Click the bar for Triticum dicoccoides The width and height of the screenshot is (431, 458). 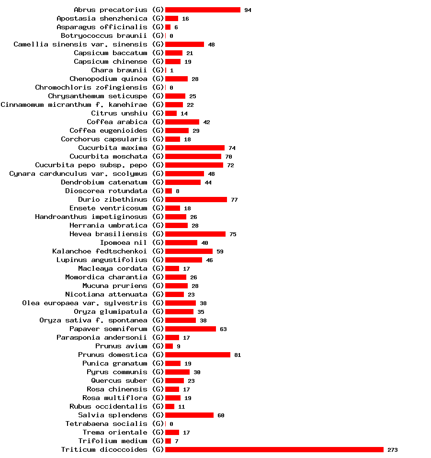[x=274, y=449]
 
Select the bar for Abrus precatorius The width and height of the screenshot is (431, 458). [x=203, y=10]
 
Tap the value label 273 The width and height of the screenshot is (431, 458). [x=393, y=450]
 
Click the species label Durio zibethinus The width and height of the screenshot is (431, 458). [x=113, y=199]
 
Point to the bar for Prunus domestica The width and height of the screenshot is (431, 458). [x=197, y=355]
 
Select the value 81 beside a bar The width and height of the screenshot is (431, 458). [x=238, y=355]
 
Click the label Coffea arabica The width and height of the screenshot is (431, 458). [x=117, y=122]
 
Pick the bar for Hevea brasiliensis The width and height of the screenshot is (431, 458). [x=195, y=234]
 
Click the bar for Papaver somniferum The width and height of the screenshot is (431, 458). [x=190, y=329]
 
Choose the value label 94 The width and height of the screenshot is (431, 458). [x=248, y=10]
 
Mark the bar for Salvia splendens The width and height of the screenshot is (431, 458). [x=189, y=415]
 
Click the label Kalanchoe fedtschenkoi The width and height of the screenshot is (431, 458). [x=100, y=251]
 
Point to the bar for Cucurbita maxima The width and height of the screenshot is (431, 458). [x=194, y=148]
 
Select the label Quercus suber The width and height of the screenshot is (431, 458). [x=119, y=380]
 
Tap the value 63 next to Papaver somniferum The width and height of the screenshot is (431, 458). [x=223, y=329]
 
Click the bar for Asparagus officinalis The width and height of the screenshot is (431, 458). [x=168, y=27]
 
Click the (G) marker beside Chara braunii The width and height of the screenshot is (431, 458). [x=158, y=70]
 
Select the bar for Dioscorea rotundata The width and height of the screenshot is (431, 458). [x=168, y=191]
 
